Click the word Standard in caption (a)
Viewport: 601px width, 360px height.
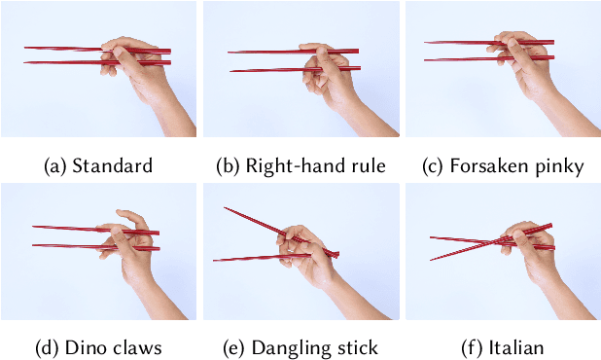point(113,166)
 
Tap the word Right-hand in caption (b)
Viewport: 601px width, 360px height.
point(290,166)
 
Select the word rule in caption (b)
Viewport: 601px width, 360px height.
point(365,166)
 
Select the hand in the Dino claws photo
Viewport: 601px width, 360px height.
point(131,258)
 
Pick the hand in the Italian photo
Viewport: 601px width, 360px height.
point(535,258)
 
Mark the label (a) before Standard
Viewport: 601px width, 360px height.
point(55,166)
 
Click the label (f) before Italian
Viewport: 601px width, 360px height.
point(473,347)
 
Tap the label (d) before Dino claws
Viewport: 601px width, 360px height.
point(55,347)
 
